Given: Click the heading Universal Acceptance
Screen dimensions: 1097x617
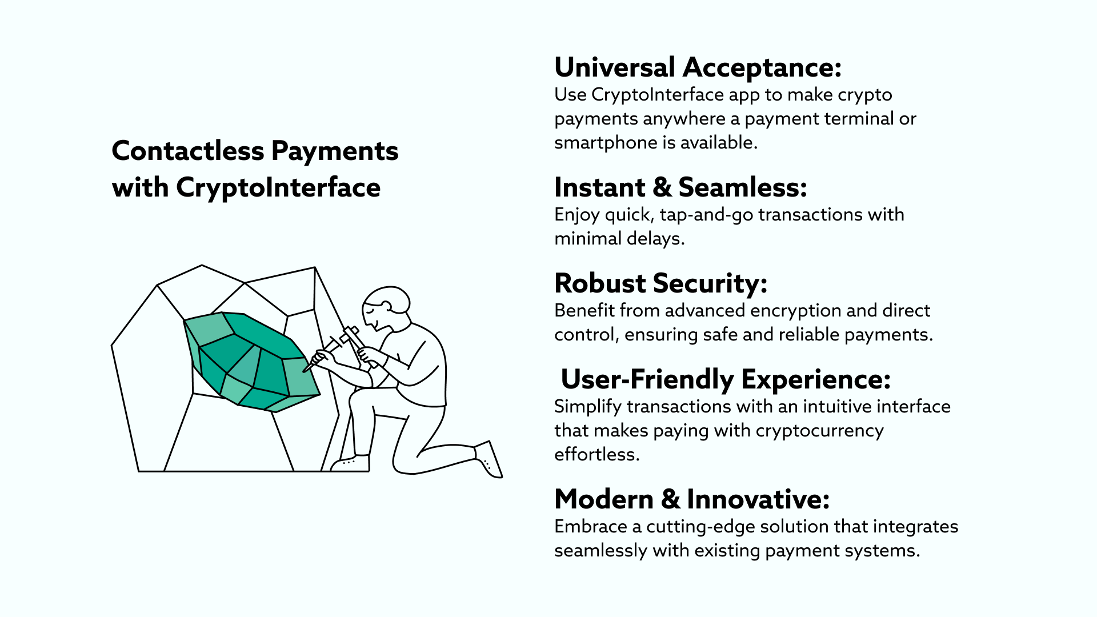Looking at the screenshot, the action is tap(698, 67).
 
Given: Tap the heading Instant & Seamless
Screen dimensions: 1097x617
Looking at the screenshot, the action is tap(680, 187).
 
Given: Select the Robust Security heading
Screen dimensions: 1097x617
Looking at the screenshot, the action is tap(660, 283).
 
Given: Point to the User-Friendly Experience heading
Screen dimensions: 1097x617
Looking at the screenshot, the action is tap(726, 379).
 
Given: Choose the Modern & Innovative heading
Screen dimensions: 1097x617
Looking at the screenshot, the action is tap(692, 499).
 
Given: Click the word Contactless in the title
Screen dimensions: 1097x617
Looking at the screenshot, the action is tap(188, 151).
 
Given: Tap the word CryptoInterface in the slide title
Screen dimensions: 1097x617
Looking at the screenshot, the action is tap(278, 188).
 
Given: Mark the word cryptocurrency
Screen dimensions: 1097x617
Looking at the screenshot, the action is tap(819, 431).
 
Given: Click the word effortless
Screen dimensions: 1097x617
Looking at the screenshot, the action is tap(597, 454).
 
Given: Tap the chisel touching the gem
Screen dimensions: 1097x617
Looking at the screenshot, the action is tap(322, 354).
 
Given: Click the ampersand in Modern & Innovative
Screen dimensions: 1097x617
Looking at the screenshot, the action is tap(670, 499).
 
